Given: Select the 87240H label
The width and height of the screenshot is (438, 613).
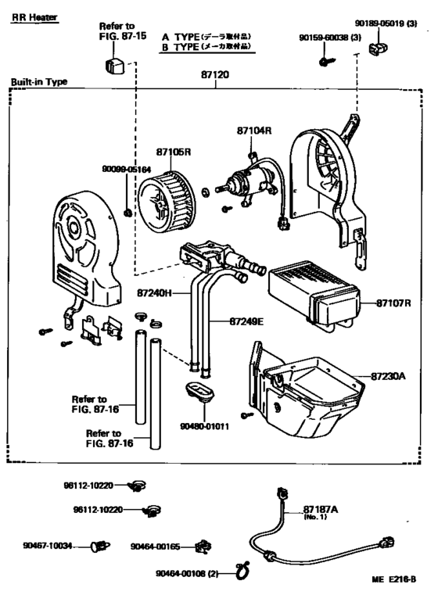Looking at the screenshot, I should coord(154,294).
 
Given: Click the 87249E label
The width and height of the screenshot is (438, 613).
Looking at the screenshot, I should coord(247,321).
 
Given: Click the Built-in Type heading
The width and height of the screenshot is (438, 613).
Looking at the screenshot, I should coord(39,81).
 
